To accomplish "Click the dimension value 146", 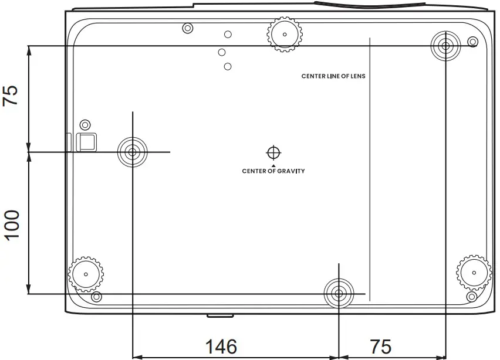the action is [221, 347].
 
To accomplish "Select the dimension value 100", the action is [11, 223].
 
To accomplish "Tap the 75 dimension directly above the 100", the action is [11, 95].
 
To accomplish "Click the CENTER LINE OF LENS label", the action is [333, 76].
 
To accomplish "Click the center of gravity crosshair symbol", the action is [273, 152].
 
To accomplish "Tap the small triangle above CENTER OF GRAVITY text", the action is [273, 165].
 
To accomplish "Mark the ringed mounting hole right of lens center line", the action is [445, 46].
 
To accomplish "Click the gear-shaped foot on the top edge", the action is [285, 34].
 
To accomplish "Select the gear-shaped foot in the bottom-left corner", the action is [86, 273].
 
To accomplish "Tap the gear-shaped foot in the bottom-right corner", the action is [474, 271].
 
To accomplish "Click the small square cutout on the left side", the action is [87, 141].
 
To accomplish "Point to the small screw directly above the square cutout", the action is [85, 124].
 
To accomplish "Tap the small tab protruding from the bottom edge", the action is [219, 316].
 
